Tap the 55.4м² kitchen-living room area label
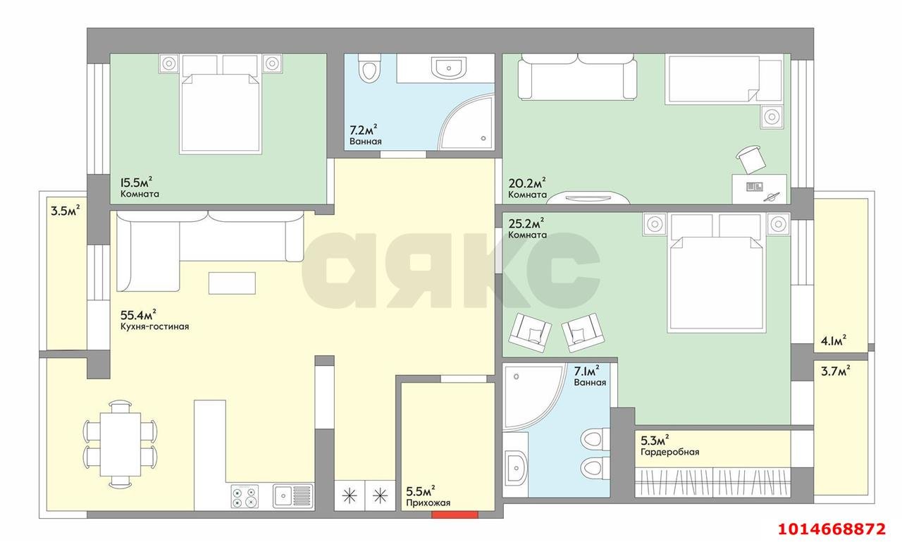click(x=138, y=314)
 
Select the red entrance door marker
click(x=450, y=514)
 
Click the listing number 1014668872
click(x=830, y=527)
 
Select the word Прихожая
click(x=428, y=503)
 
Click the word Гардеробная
click(x=669, y=452)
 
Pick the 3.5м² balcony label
click(x=65, y=209)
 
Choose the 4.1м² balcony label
click(x=833, y=340)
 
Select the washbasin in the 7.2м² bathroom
click(x=448, y=68)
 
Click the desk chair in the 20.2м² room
click(x=750, y=158)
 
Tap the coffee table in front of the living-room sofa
click(x=232, y=283)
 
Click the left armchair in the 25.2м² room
click(x=529, y=328)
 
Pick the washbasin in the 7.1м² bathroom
click(x=516, y=466)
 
